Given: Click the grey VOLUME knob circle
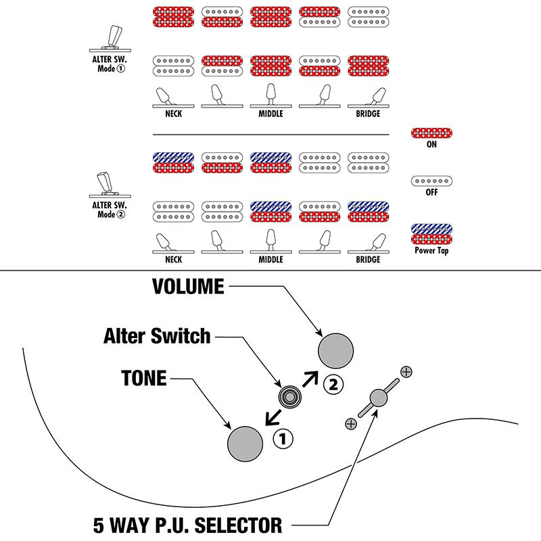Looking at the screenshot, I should click(x=335, y=351).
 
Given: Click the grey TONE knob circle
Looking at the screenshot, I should click(x=245, y=443).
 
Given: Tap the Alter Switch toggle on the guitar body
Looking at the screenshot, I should click(x=290, y=396).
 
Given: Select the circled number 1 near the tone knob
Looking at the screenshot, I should click(x=282, y=439).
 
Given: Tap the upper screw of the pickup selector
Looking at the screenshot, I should click(x=406, y=371).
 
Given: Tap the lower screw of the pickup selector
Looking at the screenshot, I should click(x=350, y=424).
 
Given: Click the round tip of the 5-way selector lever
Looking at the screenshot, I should click(x=378, y=398).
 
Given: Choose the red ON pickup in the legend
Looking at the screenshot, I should click(x=431, y=133).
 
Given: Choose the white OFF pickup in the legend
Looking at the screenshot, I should click(x=431, y=181).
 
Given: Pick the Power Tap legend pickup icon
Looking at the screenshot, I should click(x=431, y=234).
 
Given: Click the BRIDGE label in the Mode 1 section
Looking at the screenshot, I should click(x=368, y=114).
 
